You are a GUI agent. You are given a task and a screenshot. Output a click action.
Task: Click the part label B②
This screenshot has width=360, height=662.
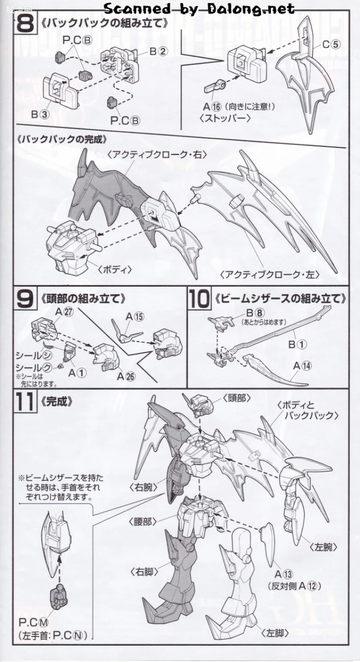(x=158, y=51)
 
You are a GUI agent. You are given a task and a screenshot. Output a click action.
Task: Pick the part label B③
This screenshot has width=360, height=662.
(x=40, y=115)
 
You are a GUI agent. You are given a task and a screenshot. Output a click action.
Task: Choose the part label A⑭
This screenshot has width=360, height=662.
(x=302, y=366)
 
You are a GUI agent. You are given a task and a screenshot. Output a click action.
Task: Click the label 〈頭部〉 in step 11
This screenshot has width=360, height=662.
(x=237, y=398)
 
